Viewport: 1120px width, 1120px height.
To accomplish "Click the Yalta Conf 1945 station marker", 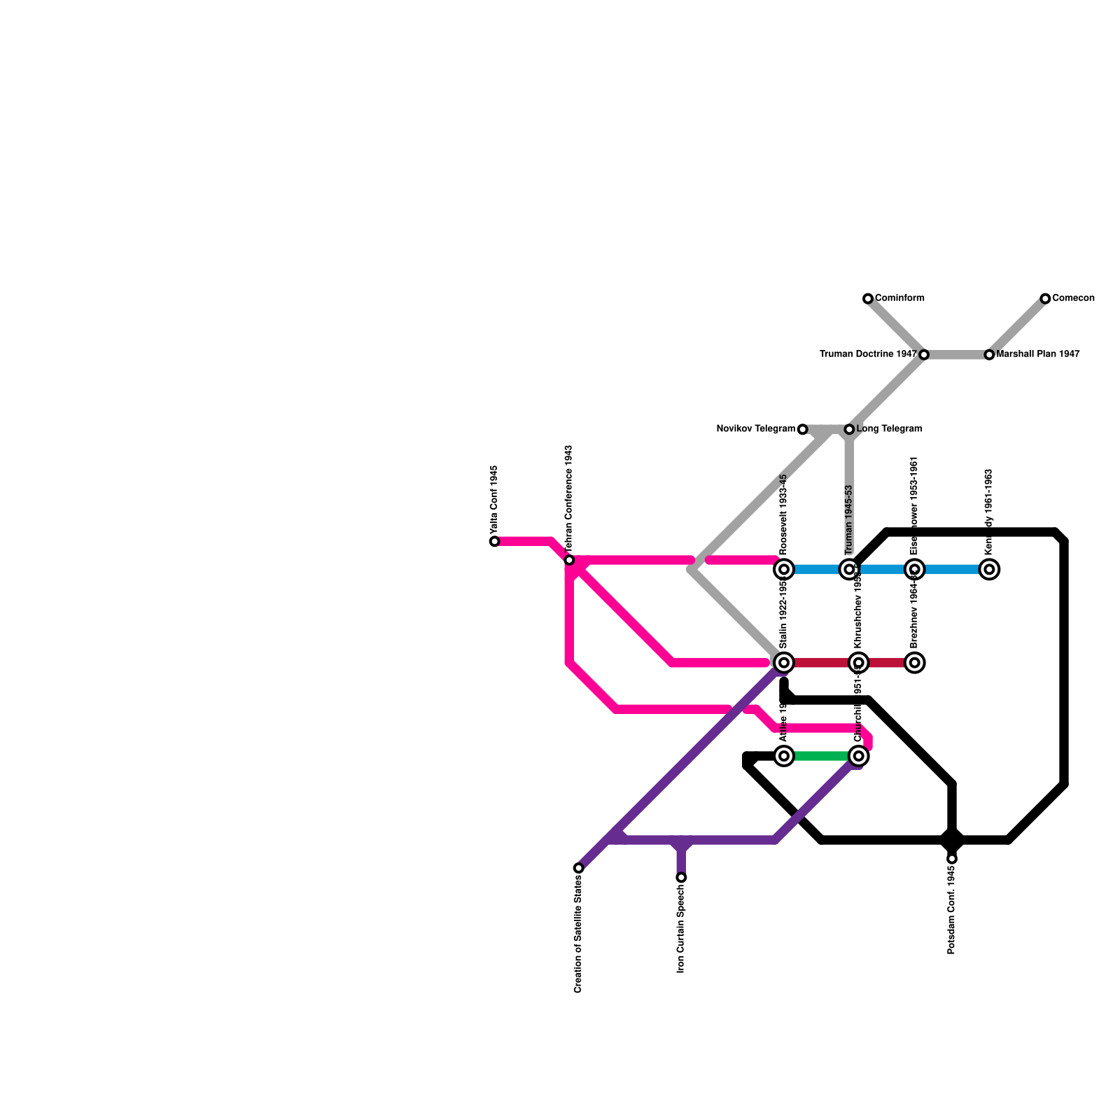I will click(495, 541).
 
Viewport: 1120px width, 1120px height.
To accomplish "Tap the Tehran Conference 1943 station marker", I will click(569, 560).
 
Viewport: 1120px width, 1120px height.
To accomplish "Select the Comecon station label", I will click(1073, 298).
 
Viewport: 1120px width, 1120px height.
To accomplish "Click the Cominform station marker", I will click(868, 299).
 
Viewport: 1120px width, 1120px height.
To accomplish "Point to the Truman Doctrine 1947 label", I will click(867, 354).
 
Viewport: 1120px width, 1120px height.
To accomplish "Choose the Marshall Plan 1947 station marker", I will click(989, 355).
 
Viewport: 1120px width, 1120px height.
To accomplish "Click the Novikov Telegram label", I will click(755, 428).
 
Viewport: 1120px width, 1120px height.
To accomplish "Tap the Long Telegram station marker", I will click(849, 429).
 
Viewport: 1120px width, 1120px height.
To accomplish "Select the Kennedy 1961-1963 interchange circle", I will click(989, 569).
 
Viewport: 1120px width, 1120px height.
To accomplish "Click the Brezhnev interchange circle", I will click(914, 662).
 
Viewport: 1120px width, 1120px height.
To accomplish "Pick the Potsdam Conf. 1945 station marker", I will click(952, 859).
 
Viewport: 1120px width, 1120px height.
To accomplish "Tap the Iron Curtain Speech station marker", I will click(681, 877).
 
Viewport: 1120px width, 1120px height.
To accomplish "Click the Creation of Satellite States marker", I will click(578, 868).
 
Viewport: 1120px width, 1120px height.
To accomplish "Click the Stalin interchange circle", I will click(784, 662).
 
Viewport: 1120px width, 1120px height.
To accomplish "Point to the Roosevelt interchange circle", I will click(784, 569).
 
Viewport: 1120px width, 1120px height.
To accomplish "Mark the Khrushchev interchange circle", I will click(859, 662).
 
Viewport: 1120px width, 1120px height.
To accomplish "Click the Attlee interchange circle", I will click(784, 756).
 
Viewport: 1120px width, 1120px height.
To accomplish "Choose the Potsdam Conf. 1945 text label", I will click(952, 910).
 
